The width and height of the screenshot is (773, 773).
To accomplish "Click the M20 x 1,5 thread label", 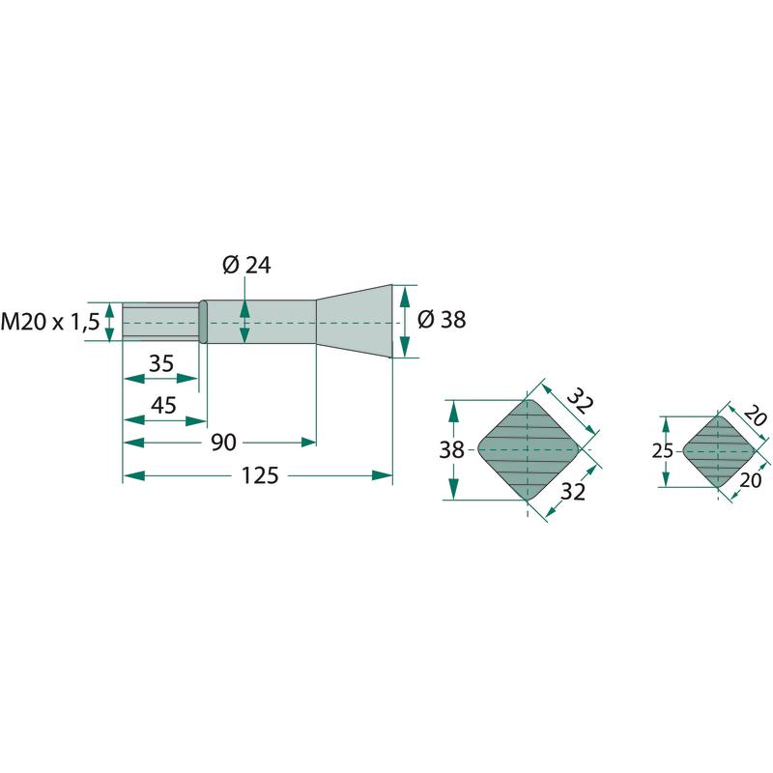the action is tap(50, 322).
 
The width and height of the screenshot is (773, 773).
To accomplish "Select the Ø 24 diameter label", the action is tap(246, 265).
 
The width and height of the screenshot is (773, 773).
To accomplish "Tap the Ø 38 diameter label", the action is tap(442, 320).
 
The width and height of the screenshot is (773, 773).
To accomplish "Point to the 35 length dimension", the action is tap(161, 364).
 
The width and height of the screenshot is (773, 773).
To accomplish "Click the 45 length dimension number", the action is tap(163, 405).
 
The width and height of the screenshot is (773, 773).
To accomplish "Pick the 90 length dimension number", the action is tap(224, 443).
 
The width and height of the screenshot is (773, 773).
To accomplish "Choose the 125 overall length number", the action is tap(260, 475).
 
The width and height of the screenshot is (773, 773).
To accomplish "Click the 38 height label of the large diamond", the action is tap(451, 450).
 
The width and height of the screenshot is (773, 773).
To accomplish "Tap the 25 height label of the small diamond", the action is tap(662, 451).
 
